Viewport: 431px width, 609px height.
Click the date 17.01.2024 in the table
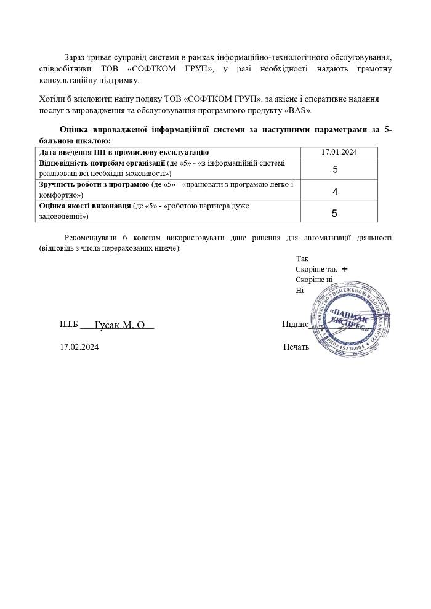tap(339, 152)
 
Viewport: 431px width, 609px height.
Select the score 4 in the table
tap(335, 192)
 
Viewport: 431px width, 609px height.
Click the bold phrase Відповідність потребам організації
tap(102, 163)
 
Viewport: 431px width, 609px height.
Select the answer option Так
tap(302, 259)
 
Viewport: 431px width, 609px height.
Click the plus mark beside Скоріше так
tap(345, 269)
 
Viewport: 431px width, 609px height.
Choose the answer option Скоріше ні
tap(314, 280)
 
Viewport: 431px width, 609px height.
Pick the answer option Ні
tap(300, 290)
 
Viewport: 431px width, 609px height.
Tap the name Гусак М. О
tap(119, 325)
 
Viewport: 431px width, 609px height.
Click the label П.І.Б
tap(69, 324)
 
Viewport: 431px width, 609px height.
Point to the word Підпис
tap(295, 325)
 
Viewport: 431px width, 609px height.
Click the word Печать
tap(296, 347)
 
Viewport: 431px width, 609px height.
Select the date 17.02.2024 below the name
tap(79, 347)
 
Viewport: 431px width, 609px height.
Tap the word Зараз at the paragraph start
tap(76, 57)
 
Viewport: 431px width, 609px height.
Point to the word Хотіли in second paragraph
tap(52, 99)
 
